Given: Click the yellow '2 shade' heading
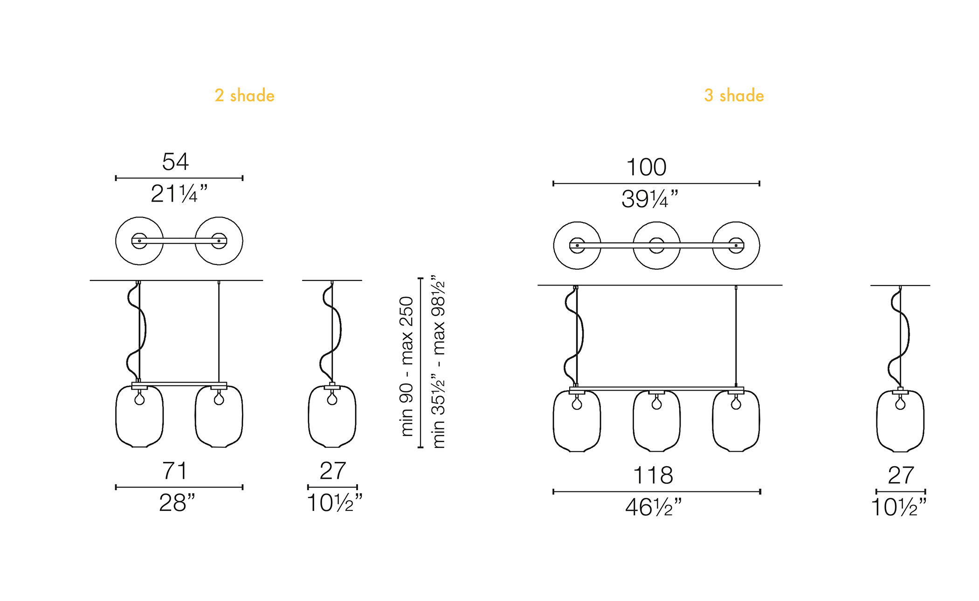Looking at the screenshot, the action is (x=244, y=95).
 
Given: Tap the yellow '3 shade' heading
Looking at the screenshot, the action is (x=734, y=95).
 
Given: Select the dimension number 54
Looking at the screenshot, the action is (x=175, y=161).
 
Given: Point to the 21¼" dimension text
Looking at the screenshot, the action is (x=179, y=194).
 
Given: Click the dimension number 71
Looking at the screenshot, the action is (x=174, y=470).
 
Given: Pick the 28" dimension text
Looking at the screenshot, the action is (x=177, y=503).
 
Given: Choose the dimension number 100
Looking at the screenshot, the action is (x=646, y=167).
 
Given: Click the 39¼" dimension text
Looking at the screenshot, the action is (x=649, y=199).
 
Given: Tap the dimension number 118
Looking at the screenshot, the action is (x=653, y=475).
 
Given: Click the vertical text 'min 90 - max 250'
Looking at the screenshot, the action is (x=407, y=366).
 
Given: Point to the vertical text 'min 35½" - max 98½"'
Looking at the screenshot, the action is (x=439, y=362).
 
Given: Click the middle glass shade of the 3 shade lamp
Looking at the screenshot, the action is (x=656, y=421).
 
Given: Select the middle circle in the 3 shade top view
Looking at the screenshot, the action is (x=656, y=222).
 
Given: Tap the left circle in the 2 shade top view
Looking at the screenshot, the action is (x=139, y=217).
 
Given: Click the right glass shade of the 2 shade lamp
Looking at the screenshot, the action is (x=219, y=416).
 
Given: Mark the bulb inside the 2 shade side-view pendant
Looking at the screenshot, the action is (x=332, y=399).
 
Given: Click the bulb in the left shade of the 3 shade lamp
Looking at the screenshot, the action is (x=577, y=403).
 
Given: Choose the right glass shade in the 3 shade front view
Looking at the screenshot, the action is (x=736, y=421).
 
